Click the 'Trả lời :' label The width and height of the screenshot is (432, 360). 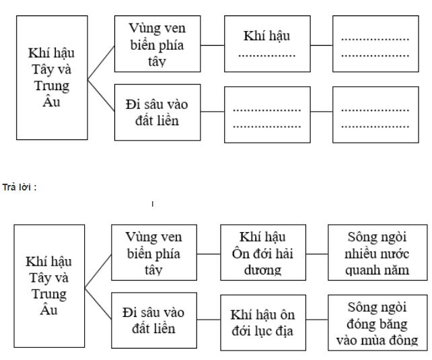tap(23, 186)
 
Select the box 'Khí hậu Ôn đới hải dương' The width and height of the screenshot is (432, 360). tap(263, 253)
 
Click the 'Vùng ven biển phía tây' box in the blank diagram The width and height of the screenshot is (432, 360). tap(157, 44)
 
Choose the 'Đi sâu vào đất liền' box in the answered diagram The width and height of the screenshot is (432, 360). tap(154, 321)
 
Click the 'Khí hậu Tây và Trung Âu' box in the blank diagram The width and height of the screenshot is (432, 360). tap(51, 77)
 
